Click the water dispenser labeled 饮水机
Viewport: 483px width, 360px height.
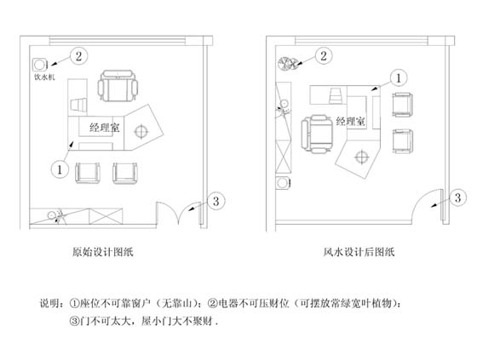pos(40,65)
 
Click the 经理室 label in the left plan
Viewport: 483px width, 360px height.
pos(105,128)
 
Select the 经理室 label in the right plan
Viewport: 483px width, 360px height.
pos(351,121)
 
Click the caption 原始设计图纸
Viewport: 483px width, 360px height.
pos(103,252)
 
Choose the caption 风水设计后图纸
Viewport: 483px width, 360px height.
pos(359,252)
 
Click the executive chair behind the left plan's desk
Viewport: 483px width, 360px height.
pos(118,86)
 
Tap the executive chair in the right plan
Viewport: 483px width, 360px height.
pos(317,134)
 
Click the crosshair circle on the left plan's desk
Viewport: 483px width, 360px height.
pos(141,131)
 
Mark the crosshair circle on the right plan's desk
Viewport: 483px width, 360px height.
pos(362,157)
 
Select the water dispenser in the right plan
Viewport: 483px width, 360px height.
pos(283,183)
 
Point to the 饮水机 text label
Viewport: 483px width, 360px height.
pos(44,77)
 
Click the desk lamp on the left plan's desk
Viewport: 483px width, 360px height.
pos(78,104)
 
